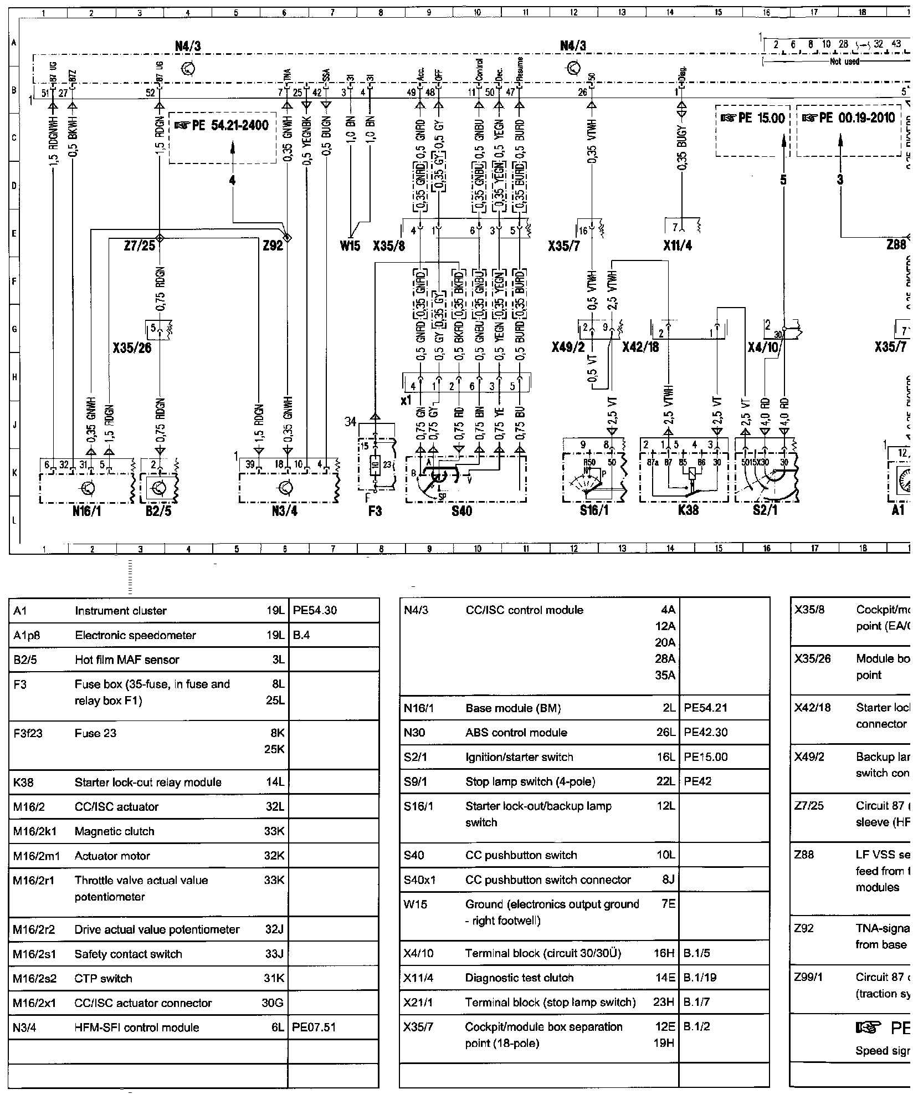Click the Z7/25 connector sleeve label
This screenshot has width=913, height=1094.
(139, 246)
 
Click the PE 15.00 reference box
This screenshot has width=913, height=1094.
(753, 118)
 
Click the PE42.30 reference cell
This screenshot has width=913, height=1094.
(706, 733)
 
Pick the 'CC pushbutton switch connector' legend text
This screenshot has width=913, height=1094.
(548, 880)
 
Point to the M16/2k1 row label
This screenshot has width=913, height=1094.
(36, 831)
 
